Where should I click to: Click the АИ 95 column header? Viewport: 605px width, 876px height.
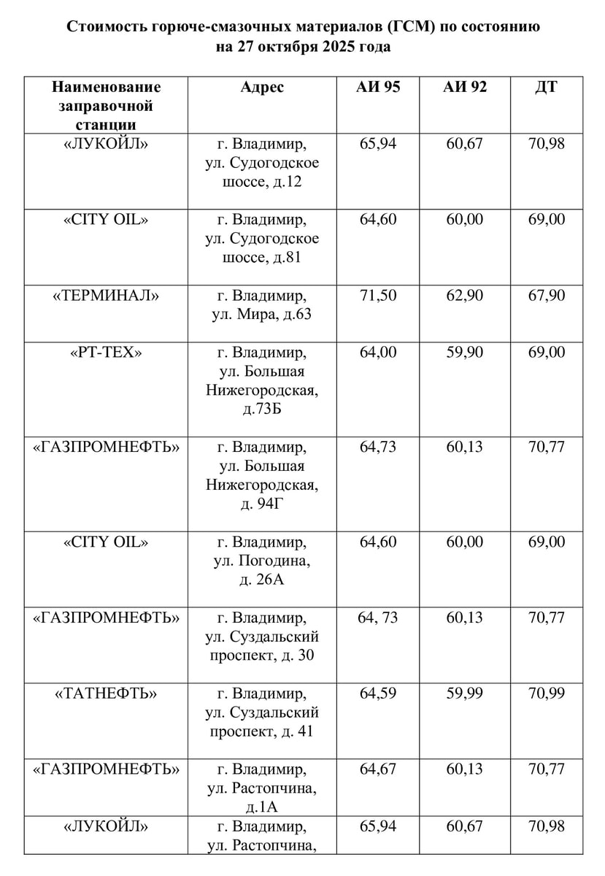[377, 88]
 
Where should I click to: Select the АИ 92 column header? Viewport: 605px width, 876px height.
[464, 88]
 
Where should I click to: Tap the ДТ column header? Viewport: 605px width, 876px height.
[546, 88]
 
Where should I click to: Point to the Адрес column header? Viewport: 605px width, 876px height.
[262, 88]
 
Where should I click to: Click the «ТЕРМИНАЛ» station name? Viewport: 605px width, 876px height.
[106, 296]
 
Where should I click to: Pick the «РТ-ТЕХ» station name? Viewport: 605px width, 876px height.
[106, 353]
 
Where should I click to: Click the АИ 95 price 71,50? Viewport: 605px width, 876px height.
[377, 296]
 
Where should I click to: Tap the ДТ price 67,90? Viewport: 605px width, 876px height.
[546, 296]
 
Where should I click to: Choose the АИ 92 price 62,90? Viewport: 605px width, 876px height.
[464, 296]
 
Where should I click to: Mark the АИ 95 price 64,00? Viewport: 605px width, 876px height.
[377, 353]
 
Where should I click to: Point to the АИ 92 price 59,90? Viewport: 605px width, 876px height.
[464, 353]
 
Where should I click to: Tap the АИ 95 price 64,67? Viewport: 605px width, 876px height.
[377, 769]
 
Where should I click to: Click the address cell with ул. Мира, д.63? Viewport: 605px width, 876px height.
[262, 306]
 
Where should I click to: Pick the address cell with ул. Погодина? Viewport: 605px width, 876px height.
[262, 561]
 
